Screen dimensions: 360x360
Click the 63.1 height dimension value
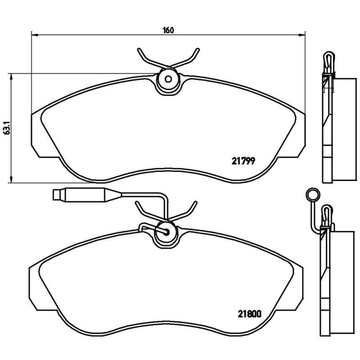tap(7, 128)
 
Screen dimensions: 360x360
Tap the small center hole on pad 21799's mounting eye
tap(168, 80)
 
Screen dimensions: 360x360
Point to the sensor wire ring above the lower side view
tap(311, 195)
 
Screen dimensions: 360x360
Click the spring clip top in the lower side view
tap(327, 212)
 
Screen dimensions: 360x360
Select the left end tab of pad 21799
tap(36, 135)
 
